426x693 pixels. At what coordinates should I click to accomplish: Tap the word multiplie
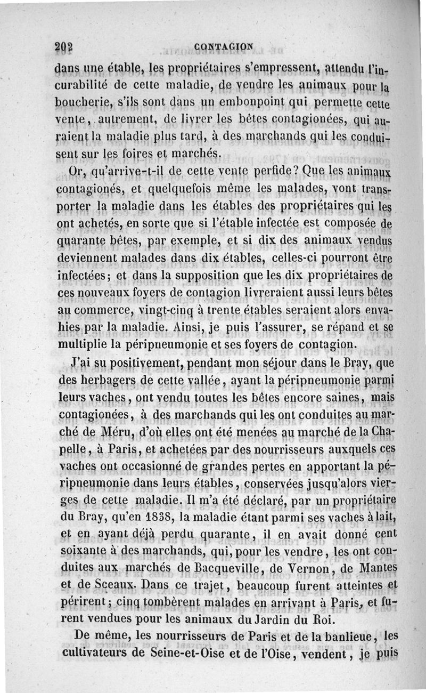pyautogui.click(x=79, y=344)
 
